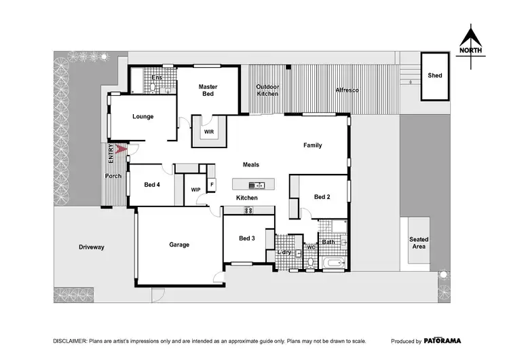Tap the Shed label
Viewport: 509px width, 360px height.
435,75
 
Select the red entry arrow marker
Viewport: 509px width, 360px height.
121,150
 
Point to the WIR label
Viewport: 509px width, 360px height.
209,132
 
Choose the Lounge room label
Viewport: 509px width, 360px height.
143,116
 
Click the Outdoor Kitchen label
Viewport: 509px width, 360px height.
267,90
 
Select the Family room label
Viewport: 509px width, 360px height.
312,145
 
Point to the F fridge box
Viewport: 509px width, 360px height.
212,184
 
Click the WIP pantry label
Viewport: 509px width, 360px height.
195,190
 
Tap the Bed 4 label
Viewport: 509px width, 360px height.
153,185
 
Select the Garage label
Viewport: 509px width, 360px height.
179,245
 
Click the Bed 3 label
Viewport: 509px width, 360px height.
247,238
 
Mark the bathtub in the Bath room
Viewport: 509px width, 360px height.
333,262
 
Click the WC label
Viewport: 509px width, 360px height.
310,247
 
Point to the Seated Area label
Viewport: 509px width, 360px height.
418,243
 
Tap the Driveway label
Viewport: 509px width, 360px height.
91,247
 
